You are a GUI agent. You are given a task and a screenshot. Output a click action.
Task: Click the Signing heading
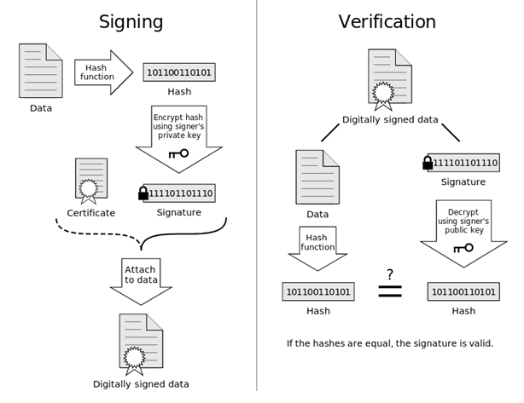click(131, 22)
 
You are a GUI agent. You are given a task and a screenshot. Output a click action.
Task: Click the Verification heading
click(387, 21)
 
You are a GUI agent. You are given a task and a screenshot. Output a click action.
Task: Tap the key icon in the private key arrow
click(178, 153)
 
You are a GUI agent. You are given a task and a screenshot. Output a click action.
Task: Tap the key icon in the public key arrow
click(463, 248)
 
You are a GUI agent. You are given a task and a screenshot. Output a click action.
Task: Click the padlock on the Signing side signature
click(143, 193)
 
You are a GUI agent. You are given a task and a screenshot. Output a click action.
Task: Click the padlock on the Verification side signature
click(428, 163)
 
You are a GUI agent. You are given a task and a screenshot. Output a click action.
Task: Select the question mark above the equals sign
click(390, 274)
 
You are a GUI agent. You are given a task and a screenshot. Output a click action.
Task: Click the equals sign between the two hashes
click(390, 291)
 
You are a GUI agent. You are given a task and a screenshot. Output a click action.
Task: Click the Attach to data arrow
click(141, 281)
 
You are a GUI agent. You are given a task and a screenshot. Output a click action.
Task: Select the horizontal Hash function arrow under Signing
click(103, 72)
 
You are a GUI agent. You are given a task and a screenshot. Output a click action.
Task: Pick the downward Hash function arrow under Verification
click(317, 249)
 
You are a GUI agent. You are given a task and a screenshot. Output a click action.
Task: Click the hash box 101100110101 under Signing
click(179, 72)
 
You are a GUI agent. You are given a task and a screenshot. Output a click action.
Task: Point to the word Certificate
click(91, 213)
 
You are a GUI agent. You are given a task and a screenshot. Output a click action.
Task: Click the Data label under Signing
click(41, 108)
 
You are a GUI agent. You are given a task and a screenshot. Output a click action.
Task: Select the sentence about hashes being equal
click(390, 343)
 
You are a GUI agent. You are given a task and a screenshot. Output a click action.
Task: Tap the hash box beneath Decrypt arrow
click(463, 291)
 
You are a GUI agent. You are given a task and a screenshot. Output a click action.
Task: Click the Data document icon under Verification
click(317, 177)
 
